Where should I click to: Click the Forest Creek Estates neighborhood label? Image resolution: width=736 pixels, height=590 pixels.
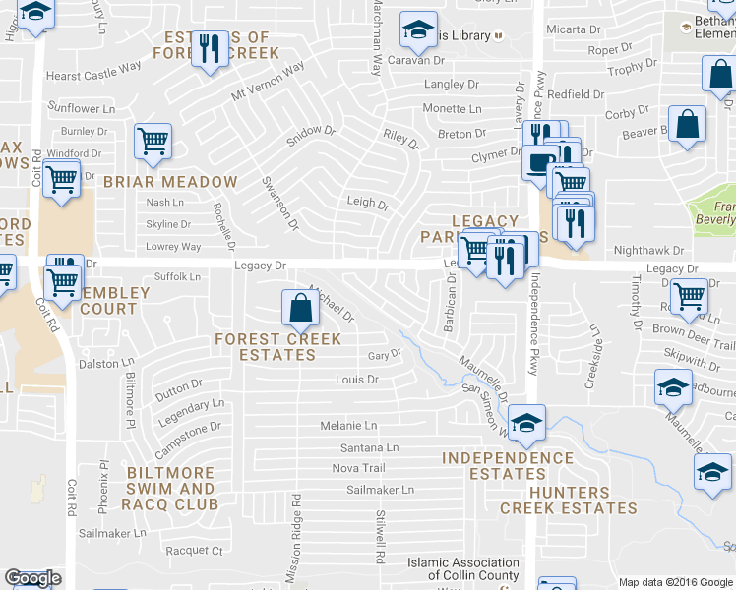278,347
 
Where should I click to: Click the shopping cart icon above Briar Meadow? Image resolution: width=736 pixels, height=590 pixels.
153,142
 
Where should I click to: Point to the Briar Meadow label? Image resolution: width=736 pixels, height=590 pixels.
170,182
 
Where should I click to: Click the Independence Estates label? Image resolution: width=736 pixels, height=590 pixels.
507,466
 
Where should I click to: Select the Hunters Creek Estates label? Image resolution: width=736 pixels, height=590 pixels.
569,501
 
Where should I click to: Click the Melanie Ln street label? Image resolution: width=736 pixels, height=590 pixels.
348,426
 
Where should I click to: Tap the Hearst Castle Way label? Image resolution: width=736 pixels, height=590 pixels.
94,75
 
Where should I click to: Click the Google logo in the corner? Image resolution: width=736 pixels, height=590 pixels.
32,578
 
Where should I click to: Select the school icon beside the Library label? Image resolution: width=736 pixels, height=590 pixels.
418,31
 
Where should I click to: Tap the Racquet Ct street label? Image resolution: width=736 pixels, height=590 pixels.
195,551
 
